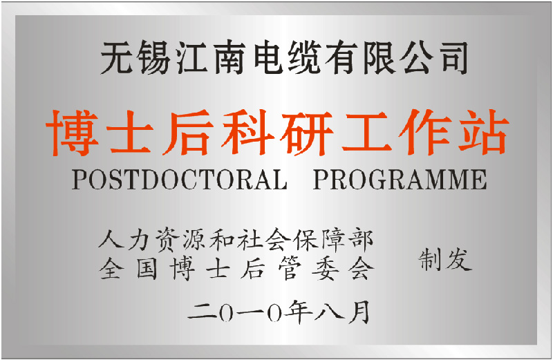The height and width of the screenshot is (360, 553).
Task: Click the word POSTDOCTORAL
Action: click(x=180, y=180)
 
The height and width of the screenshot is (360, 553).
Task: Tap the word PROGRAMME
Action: click(x=400, y=180)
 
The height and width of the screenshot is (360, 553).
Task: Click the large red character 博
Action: click(x=73, y=133)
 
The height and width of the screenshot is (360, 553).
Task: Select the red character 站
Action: click(x=483, y=132)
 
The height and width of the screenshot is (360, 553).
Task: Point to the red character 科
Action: click(x=248, y=133)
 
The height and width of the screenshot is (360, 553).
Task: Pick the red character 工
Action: click(x=367, y=132)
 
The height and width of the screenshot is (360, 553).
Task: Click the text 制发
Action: click(x=445, y=260)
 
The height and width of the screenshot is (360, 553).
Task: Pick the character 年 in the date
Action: click(x=299, y=312)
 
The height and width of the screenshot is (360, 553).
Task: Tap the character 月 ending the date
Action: click(x=359, y=312)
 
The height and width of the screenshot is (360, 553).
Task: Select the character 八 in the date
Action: click(x=330, y=312)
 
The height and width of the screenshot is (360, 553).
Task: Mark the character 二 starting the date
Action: click(x=201, y=312)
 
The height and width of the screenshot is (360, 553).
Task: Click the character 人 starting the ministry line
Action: click(x=111, y=239)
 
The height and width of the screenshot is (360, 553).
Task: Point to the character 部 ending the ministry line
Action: click(x=360, y=240)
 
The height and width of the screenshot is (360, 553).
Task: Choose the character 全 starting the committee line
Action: click(x=112, y=268)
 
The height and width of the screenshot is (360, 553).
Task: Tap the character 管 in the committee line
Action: click(x=290, y=268)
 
